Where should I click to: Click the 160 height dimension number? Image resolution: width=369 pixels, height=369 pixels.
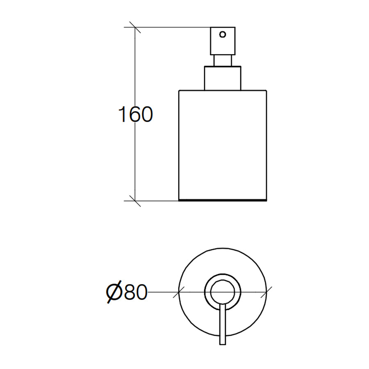pyautogui.click(x=135, y=114)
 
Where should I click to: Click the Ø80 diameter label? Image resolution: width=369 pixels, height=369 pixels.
pyautogui.click(x=127, y=292)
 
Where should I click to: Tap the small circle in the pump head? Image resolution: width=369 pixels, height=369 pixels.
pyautogui.click(x=223, y=34)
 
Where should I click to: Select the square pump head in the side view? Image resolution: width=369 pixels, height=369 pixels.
pyautogui.click(x=223, y=41)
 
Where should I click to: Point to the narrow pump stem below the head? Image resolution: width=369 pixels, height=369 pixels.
pyautogui.click(x=223, y=61)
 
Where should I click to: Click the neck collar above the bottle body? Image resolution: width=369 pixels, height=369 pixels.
pyautogui.click(x=223, y=78)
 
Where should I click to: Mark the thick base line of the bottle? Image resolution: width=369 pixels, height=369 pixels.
pyautogui.click(x=223, y=200)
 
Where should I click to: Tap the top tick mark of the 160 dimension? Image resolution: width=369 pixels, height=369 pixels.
pyautogui.click(x=135, y=27)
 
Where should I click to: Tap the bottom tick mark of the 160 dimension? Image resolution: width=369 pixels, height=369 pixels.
pyautogui.click(x=135, y=201)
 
